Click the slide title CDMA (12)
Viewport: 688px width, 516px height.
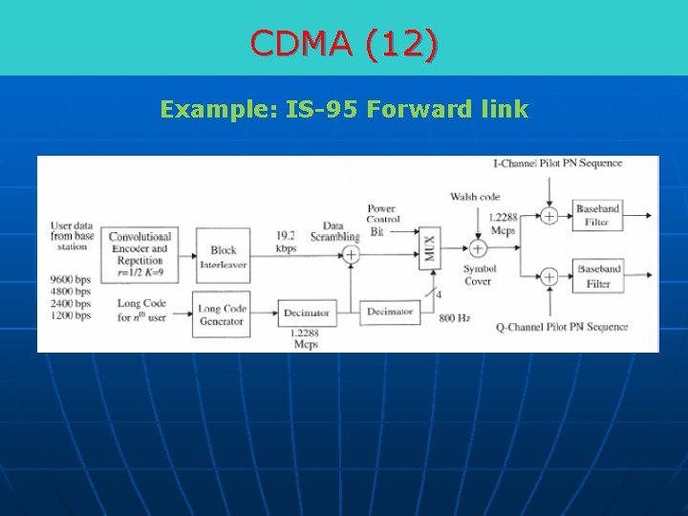pos(344,43)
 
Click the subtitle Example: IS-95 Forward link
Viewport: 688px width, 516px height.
pos(344,109)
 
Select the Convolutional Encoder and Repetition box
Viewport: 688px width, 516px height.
pos(140,253)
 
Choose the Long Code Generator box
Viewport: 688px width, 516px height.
pos(222,313)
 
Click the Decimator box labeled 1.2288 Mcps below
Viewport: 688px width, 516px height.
pos(305,312)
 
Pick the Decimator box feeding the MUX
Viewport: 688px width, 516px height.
pos(389,312)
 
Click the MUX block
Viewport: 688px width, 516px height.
pos(430,250)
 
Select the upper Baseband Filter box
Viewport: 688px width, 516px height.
pos(598,215)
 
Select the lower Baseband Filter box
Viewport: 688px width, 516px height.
pos(598,276)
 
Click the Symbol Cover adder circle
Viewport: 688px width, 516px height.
pos(478,248)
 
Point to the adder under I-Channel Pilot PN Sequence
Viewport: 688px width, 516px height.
pos(549,216)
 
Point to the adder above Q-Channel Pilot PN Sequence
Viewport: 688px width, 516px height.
pos(549,277)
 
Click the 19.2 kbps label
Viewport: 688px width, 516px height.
pos(287,241)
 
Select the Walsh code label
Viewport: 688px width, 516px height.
pos(475,197)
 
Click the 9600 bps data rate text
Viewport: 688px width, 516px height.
pos(71,281)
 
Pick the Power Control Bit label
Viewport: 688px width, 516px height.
pos(382,219)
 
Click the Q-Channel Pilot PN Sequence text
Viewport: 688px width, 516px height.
pos(562,327)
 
